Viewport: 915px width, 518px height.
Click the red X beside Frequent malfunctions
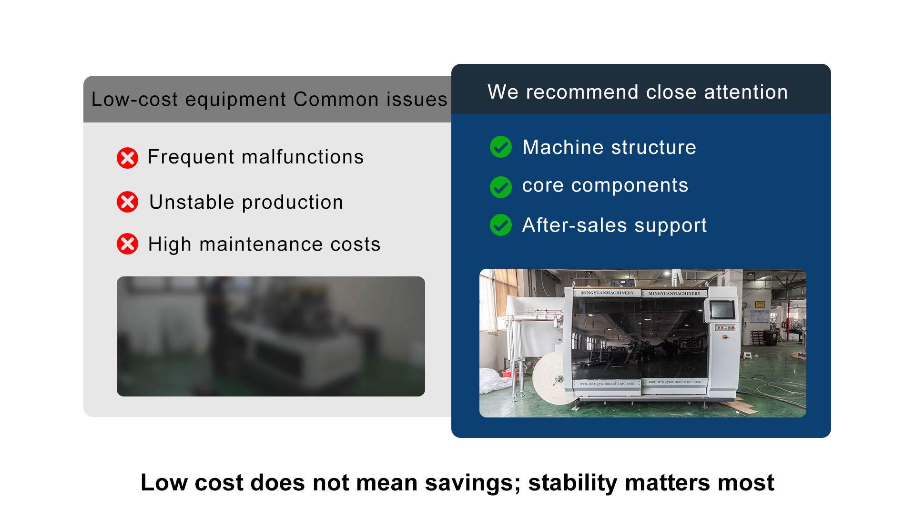point(127,158)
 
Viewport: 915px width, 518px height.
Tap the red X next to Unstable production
point(127,202)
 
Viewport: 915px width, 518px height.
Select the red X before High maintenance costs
point(127,244)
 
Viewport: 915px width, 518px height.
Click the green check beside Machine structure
point(501,147)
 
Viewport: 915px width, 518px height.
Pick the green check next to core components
point(501,187)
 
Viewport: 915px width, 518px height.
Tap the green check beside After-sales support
point(501,225)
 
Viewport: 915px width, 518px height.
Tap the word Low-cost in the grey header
point(134,99)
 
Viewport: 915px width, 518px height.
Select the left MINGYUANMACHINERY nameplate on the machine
point(607,293)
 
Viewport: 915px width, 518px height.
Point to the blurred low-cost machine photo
point(271,336)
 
